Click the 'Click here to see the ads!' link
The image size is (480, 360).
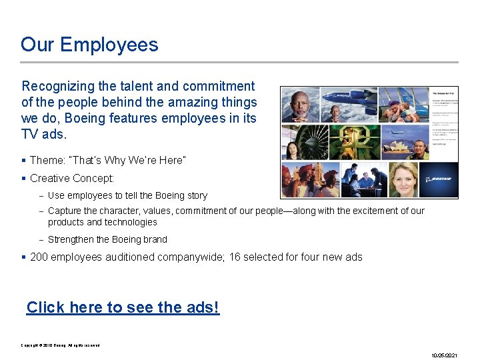pyautogui.click(x=123, y=307)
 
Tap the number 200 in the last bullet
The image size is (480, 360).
pyautogui.click(x=39, y=257)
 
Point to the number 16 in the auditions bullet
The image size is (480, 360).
pyautogui.click(x=235, y=257)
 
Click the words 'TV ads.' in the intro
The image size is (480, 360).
pyautogui.click(x=44, y=134)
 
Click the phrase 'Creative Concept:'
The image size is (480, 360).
pyautogui.click(x=72, y=178)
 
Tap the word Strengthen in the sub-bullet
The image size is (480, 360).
pyautogui.click(x=71, y=239)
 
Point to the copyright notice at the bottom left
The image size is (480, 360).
pyautogui.click(x=60, y=345)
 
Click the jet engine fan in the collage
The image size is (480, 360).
pyautogui.click(x=303, y=142)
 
